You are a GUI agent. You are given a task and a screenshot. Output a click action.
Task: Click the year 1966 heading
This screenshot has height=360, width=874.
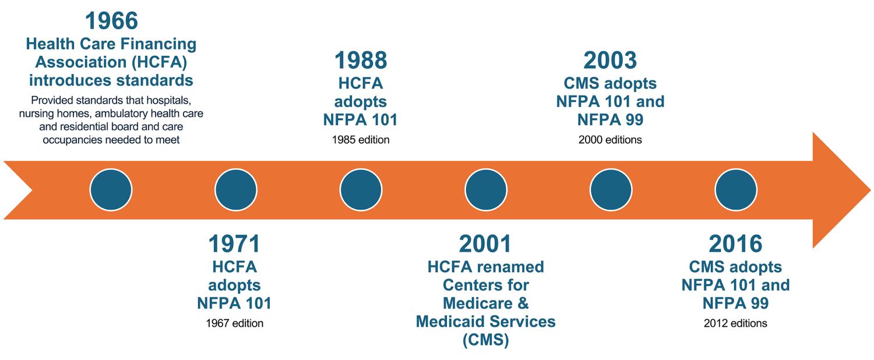coord(111,20)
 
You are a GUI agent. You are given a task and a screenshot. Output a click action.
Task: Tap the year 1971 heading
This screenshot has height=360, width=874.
coord(234,243)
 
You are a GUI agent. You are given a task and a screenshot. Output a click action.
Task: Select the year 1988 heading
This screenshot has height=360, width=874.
coord(361,61)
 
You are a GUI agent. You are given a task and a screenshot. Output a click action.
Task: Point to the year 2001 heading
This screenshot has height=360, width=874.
coord(485,243)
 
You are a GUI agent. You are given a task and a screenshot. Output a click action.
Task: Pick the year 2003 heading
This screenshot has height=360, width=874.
coord(610,61)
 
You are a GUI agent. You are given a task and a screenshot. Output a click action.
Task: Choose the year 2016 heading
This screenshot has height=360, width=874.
coord(735,243)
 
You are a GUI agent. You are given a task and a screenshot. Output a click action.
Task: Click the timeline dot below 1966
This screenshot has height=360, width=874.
coord(111,190)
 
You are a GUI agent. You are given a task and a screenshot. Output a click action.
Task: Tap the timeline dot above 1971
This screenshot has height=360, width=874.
coord(236,190)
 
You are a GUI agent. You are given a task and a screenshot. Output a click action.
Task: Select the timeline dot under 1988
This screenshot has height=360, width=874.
coord(361,190)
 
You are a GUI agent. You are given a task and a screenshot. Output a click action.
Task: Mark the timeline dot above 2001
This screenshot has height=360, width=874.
coord(486,190)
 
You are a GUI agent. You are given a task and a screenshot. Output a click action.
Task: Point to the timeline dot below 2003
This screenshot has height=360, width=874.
coord(611,190)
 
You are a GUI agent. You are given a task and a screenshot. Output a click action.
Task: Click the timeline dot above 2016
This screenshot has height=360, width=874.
coord(736,190)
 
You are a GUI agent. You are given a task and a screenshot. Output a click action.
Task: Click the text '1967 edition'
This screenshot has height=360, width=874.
coord(234,323)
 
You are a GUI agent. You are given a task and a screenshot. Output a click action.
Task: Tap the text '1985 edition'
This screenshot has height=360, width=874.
coord(361,140)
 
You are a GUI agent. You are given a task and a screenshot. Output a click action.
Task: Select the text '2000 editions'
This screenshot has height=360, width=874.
coord(610,140)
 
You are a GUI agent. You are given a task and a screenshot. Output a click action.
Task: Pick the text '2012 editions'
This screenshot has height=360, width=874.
coord(735,323)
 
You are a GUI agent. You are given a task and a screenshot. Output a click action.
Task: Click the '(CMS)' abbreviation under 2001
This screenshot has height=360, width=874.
coord(486,340)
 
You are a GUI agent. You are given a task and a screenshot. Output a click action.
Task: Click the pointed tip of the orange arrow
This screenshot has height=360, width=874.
coord(871,190)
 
